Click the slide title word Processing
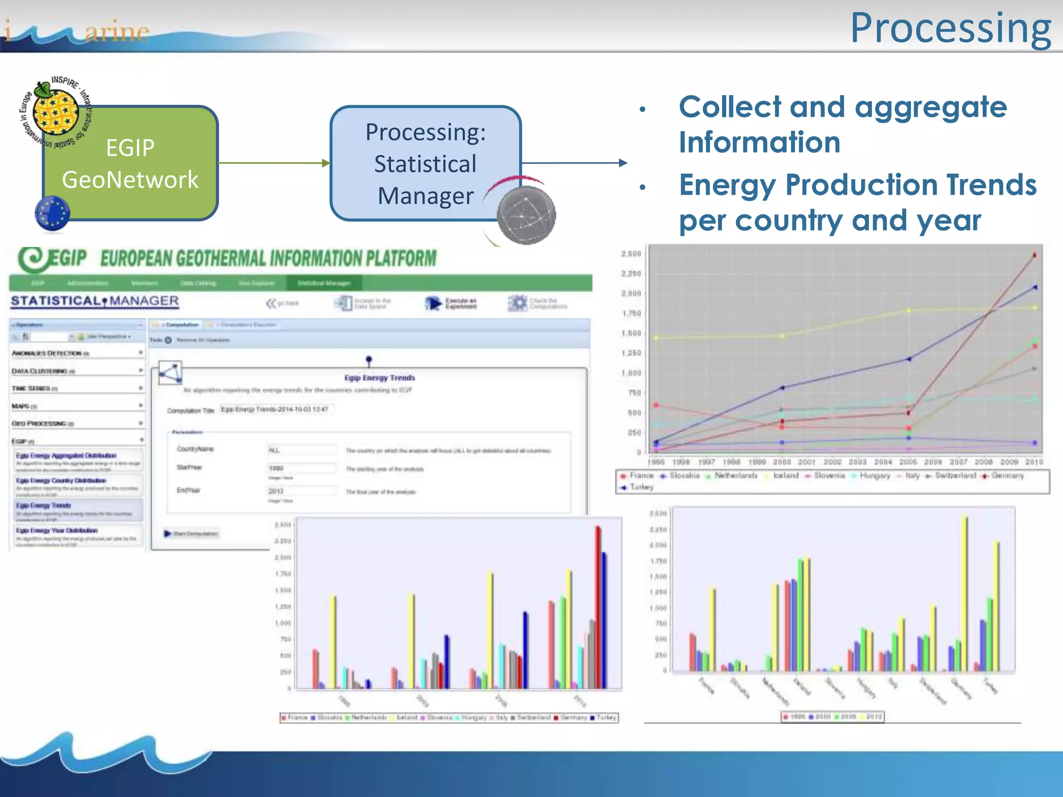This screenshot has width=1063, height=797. click(950, 29)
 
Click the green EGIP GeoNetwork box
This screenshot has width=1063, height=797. click(130, 164)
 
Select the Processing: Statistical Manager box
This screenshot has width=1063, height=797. click(425, 163)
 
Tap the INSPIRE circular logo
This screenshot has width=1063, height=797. click(55, 112)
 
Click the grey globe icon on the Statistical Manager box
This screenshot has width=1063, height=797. click(526, 215)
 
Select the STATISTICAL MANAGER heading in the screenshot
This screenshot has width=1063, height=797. click(94, 301)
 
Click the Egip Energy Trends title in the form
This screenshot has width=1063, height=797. click(379, 378)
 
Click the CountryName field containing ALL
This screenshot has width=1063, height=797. click(301, 450)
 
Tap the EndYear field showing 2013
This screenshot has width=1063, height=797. click(301, 491)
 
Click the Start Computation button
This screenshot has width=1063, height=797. click(192, 533)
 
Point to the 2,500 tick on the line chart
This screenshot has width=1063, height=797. click(631, 254)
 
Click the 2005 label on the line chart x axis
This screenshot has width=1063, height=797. click(908, 462)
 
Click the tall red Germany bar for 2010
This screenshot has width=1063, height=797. click(597, 607)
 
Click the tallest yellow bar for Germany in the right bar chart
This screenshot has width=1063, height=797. click(964, 592)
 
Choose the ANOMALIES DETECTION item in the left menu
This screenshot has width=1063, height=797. click(50, 353)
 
